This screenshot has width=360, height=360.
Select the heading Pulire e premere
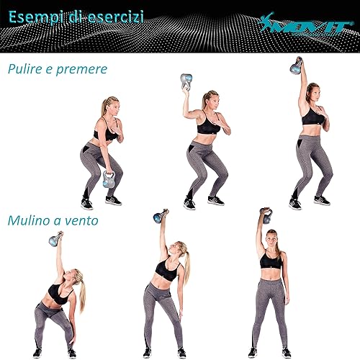point(57,69)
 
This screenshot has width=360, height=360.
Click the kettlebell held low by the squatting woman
point(109,179)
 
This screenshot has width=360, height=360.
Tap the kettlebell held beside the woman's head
point(185,82)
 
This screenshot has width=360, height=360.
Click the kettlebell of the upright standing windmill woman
point(266,215)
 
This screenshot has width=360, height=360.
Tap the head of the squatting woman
point(109,107)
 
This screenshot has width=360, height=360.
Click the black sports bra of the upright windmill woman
point(271,260)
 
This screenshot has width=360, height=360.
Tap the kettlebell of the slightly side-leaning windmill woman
point(161,216)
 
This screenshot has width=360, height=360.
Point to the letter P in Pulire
point(12,69)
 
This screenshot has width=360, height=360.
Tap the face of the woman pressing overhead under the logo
point(312,93)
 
